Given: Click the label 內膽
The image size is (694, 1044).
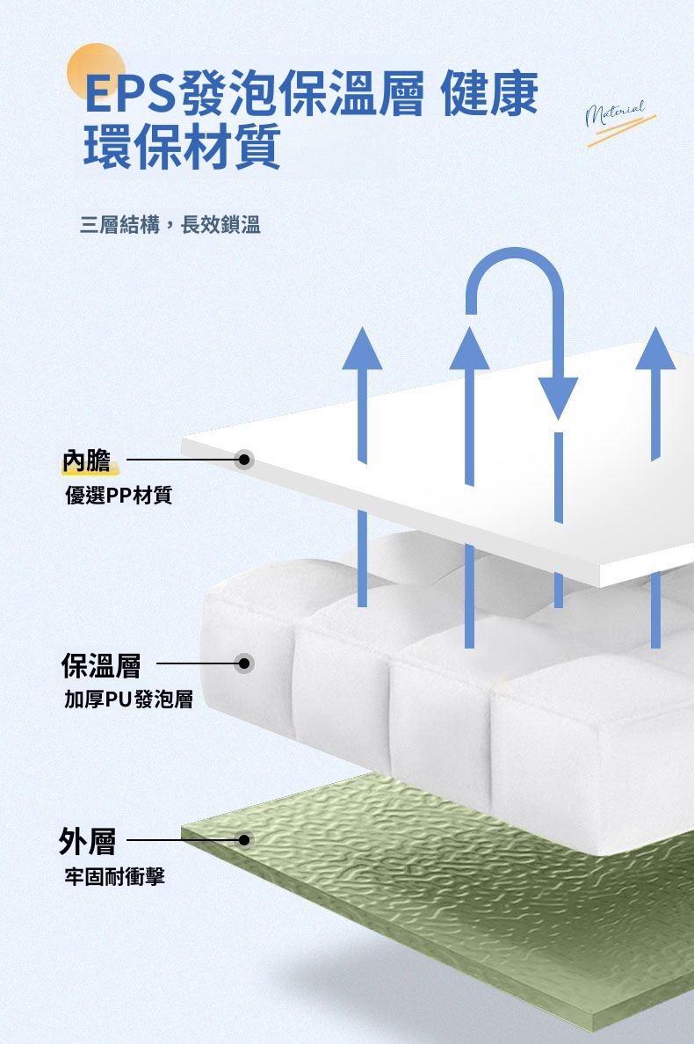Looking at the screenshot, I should [x=86, y=460].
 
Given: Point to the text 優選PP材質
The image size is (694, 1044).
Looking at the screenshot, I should [x=119, y=497].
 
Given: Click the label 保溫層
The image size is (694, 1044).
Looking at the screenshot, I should [x=100, y=664].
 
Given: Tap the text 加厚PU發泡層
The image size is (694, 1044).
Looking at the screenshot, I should [x=128, y=700].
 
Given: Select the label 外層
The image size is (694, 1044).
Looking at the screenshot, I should [x=87, y=841].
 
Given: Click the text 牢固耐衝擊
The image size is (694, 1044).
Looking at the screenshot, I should [x=114, y=876].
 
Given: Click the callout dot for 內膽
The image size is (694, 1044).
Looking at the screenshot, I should [x=244, y=460].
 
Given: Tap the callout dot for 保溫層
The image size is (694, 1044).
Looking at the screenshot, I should [x=244, y=663].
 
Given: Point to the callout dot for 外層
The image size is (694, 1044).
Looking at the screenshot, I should [x=244, y=840].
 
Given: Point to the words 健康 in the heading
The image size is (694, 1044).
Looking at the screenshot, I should [x=490, y=94].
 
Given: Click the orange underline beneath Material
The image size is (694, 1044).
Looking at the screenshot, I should [x=621, y=130].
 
